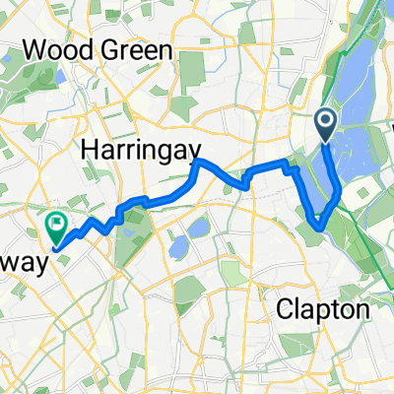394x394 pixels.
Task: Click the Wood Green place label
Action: coord(96,49)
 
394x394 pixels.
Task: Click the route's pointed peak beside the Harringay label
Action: coord(199,161)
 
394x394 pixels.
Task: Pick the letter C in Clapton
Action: coord(286,311)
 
